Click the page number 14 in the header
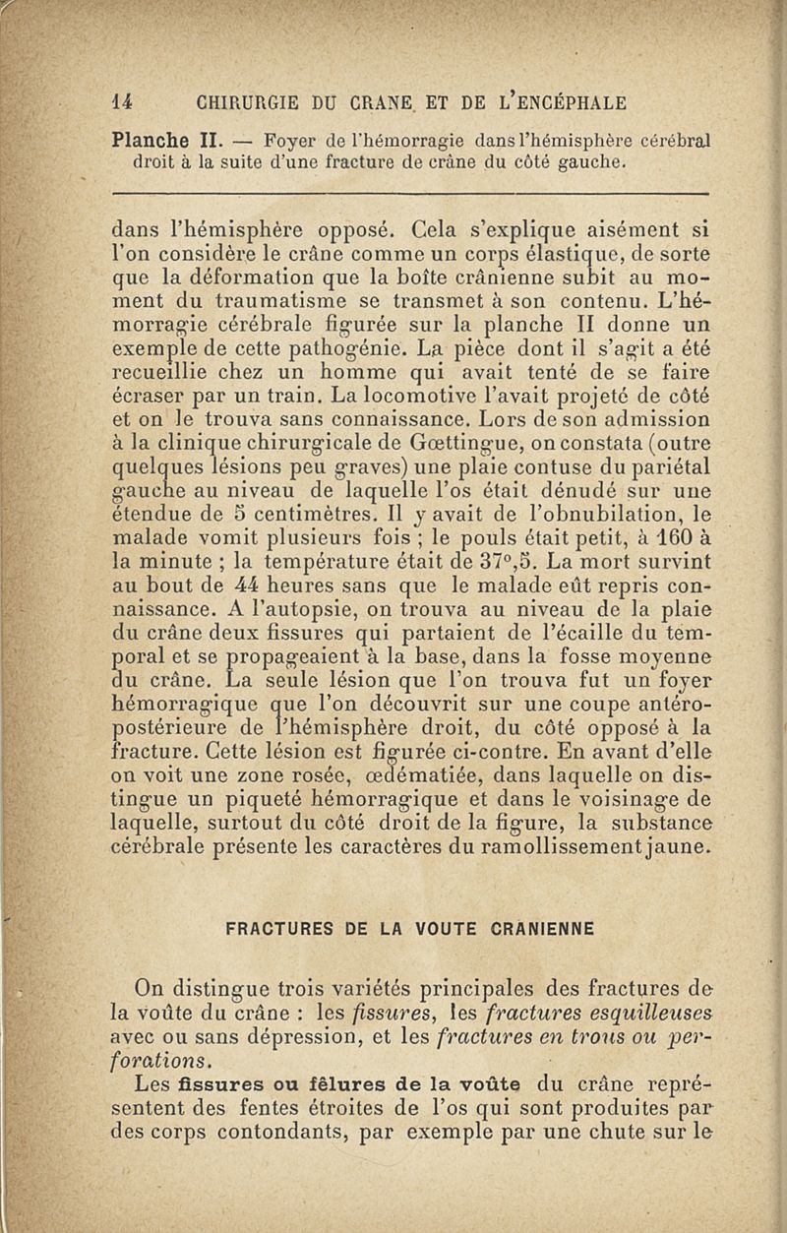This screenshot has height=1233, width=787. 123,101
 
